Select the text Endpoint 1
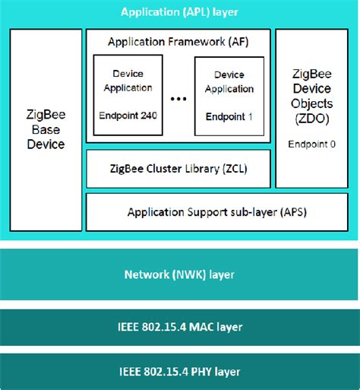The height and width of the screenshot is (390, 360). pos(229,117)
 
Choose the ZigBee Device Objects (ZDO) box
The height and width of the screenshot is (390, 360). pos(311,109)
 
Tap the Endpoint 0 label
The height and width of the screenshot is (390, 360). pos(312,143)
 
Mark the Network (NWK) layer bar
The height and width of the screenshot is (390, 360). pos(179,274)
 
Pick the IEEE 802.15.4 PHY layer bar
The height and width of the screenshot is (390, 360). pos(179,371)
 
